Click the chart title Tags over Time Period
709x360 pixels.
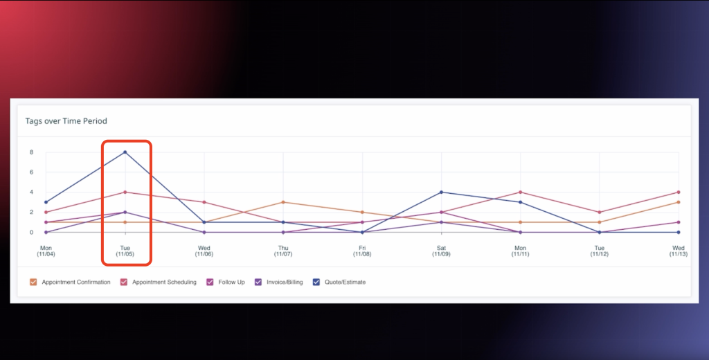pos(66,121)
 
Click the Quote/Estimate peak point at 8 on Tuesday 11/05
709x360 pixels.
pos(125,152)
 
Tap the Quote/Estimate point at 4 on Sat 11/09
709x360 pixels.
pos(441,192)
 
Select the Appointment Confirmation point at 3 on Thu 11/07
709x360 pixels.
pos(283,202)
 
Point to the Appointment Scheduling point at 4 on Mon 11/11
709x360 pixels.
pos(520,192)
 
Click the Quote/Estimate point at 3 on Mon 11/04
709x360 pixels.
pos(46,202)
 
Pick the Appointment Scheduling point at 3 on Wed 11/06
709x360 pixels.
pos(204,202)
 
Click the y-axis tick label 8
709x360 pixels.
pos(31,152)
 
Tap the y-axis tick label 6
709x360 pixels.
pos(31,172)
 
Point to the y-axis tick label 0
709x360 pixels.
pos(31,233)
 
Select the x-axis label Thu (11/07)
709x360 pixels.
pos(283,251)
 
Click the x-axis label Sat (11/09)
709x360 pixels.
pos(441,251)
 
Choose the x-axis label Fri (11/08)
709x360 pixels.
pos(362,251)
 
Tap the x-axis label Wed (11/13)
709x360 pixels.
pos(679,251)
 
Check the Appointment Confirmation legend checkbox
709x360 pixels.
pos(33,282)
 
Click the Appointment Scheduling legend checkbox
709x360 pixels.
pos(124,282)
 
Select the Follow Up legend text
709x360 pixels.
pos(231,282)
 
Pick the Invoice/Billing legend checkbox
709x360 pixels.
pos(258,282)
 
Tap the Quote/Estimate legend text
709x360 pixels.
pos(345,282)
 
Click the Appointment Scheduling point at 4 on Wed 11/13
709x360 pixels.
pos(679,192)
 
